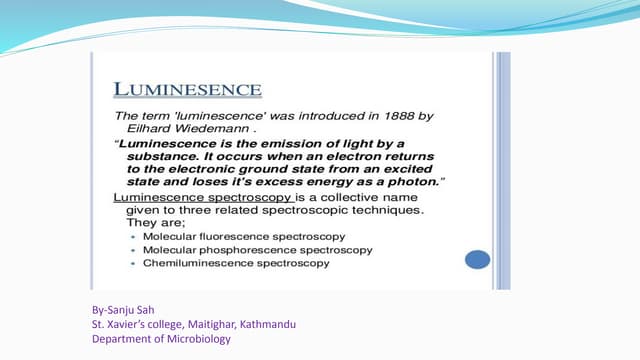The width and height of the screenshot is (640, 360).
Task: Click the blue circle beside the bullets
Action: (477, 259)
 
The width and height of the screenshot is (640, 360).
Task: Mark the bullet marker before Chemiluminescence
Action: (133, 262)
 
